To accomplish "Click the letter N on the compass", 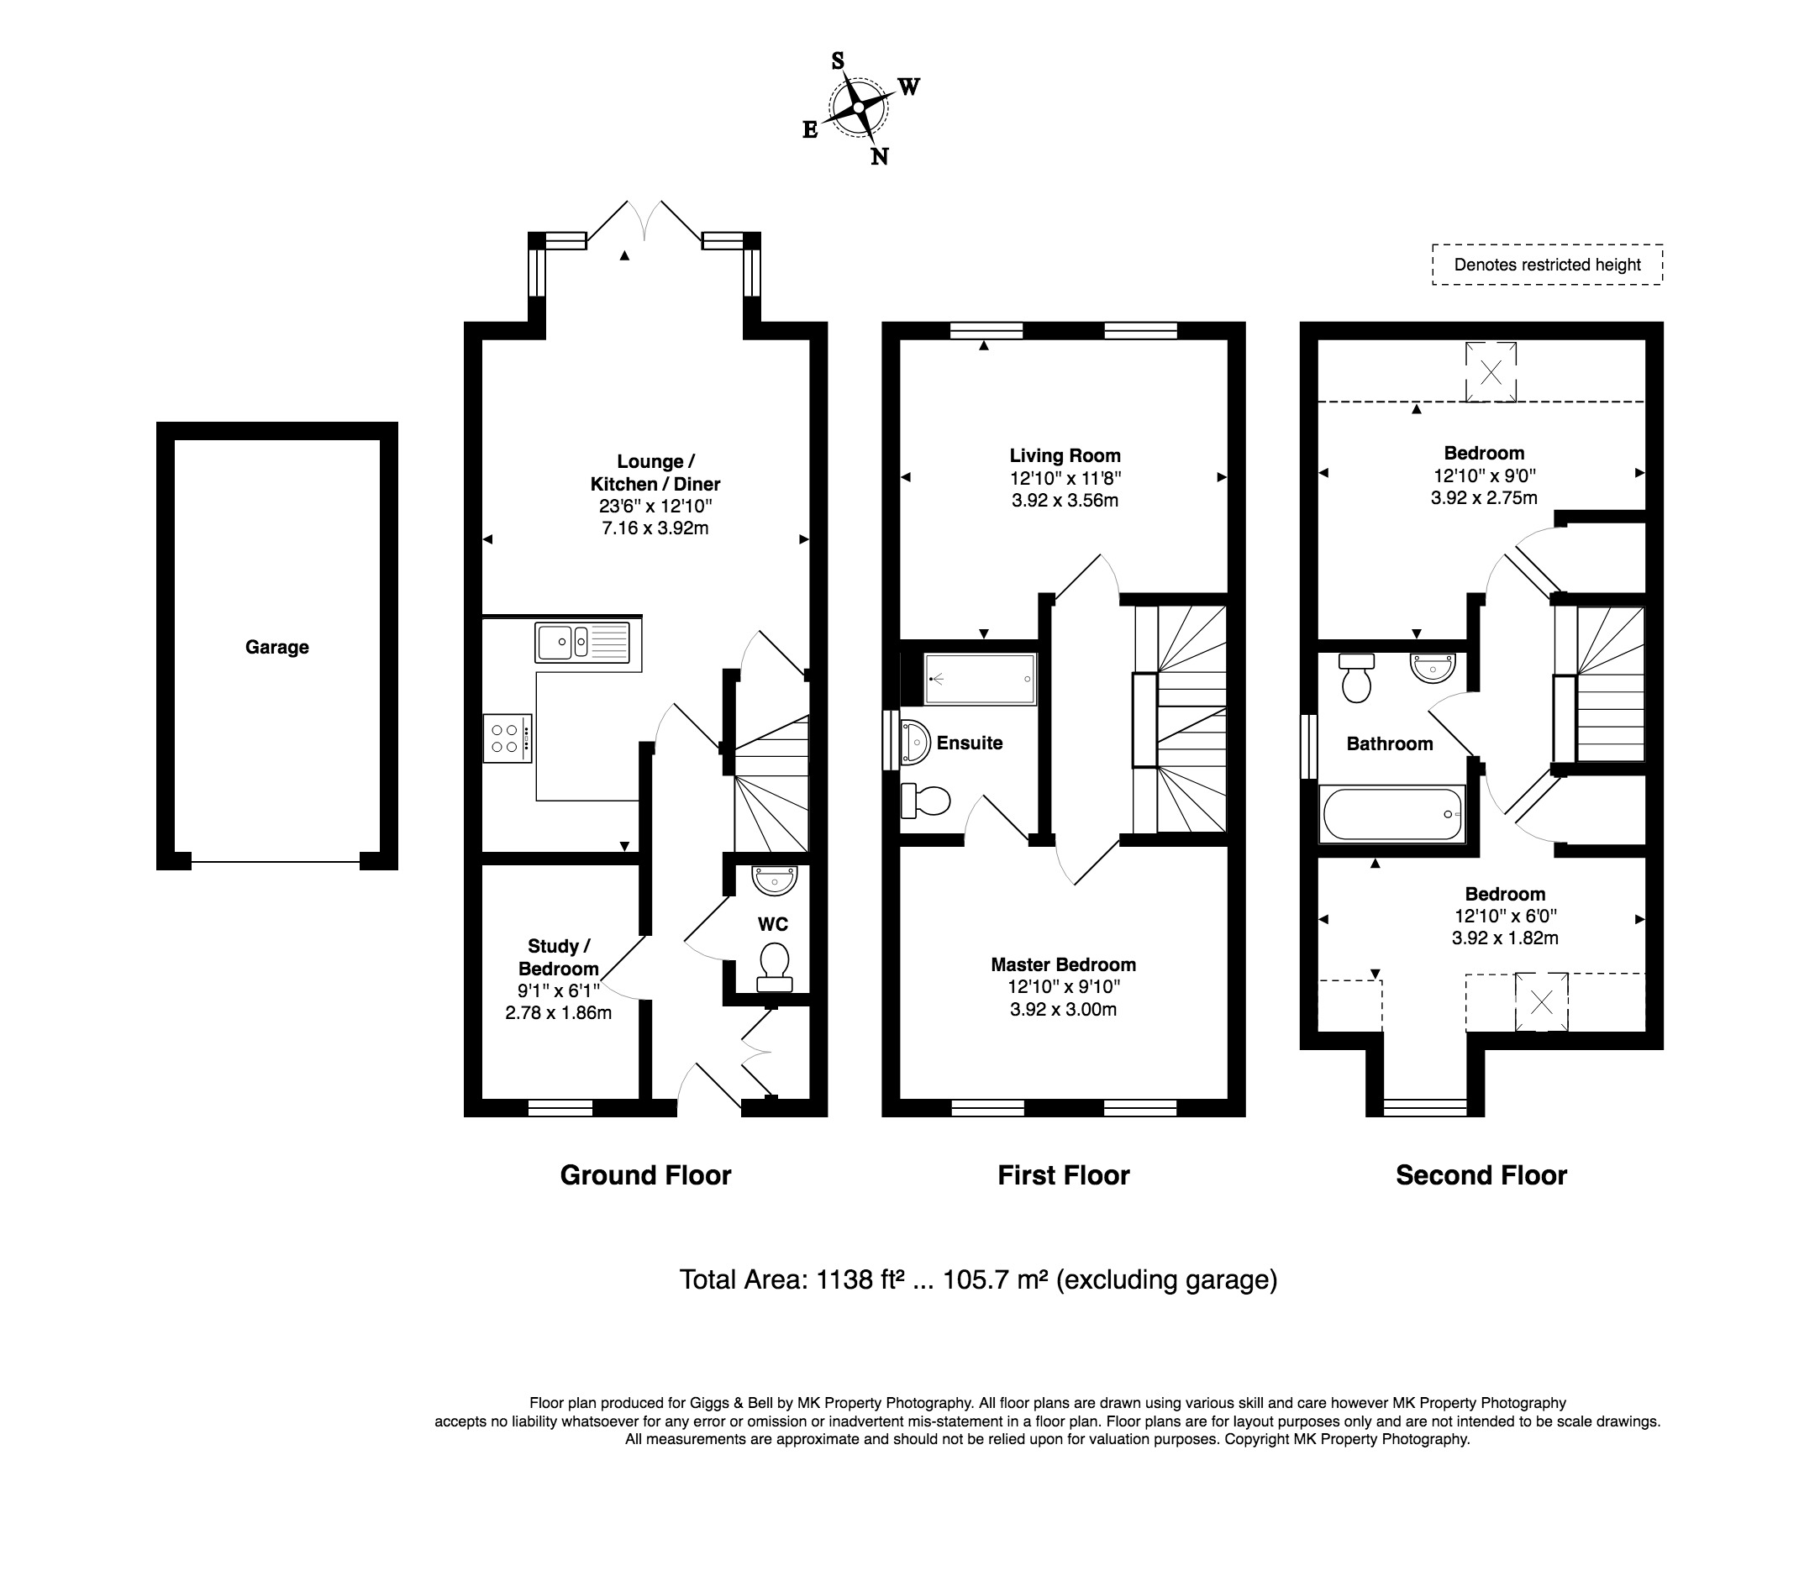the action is tap(879, 156).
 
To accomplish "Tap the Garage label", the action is tap(277, 647).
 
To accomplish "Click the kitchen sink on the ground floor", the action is tap(582, 641).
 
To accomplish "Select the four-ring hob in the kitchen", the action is tap(508, 738).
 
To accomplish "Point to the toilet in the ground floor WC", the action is tap(774, 969).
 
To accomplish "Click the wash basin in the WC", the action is tap(774, 880).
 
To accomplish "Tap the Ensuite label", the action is tap(970, 743).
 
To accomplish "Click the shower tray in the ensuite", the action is tap(980, 679).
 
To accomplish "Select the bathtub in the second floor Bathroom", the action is tap(1392, 813).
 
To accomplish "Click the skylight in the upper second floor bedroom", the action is tap(1490, 372).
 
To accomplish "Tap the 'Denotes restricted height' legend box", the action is tap(1547, 265).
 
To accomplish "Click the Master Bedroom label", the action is tap(1064, 964).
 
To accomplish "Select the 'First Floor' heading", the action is tap(1064, 1175).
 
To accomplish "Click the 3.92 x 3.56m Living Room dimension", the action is tap(1065, 501).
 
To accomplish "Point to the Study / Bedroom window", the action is tap(560, 1108).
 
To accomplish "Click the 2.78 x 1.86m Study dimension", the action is tap(559, 1012).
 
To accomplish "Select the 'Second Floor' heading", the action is tap(1481, 1175).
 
